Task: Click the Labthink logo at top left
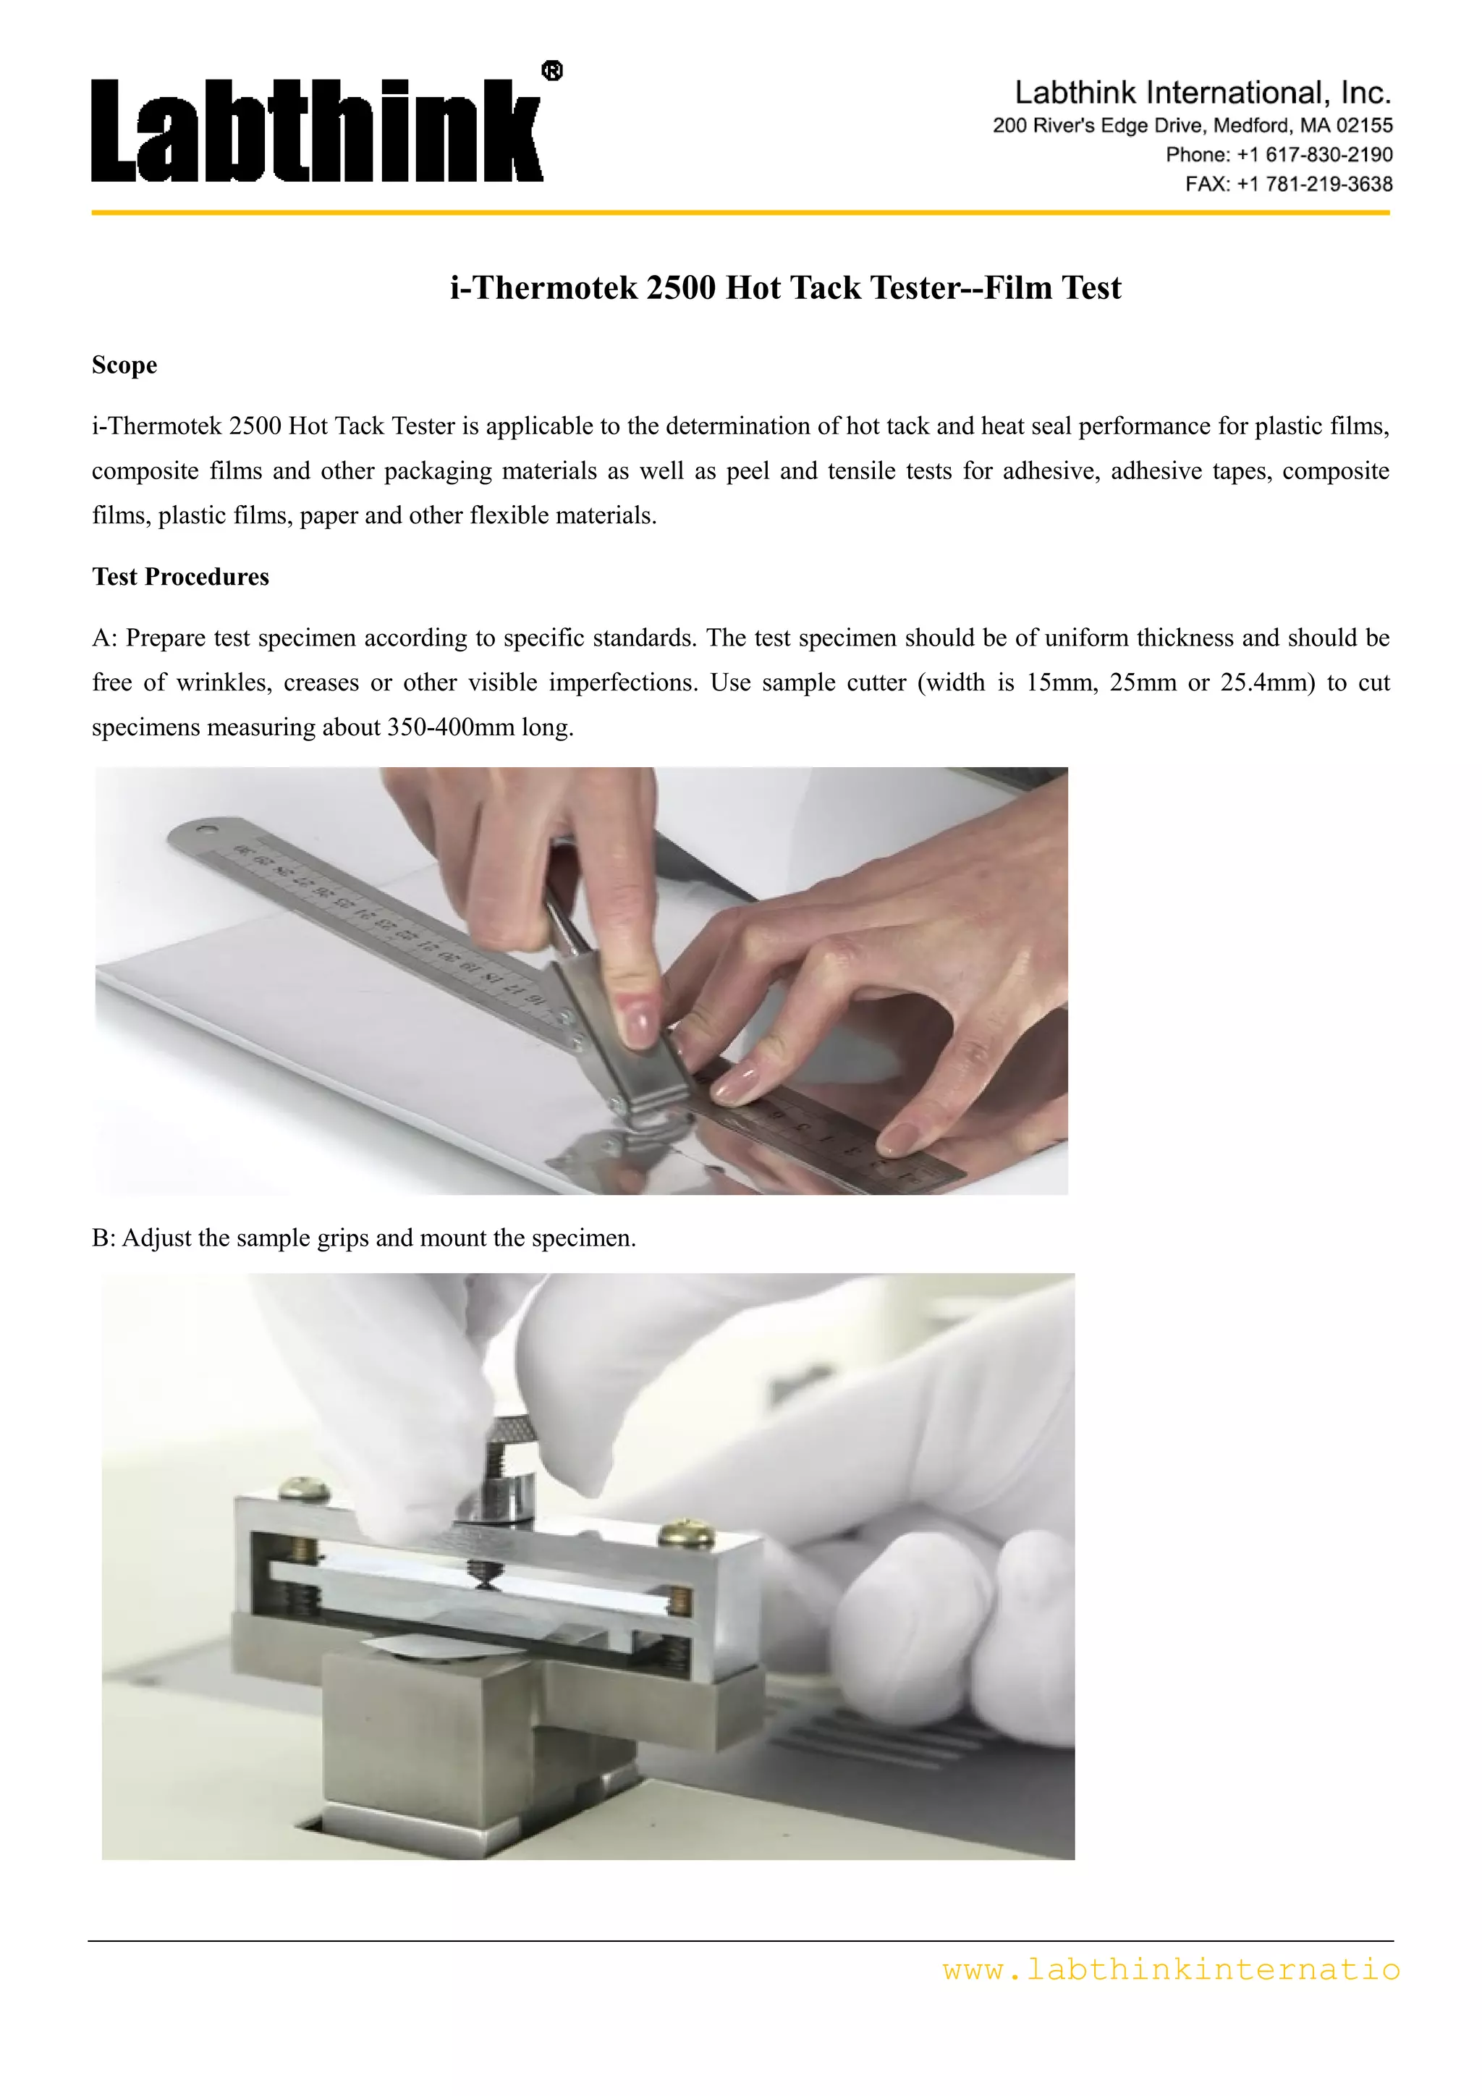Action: point(318,130)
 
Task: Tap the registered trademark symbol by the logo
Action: point(552,70)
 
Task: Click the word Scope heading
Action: point(124,365)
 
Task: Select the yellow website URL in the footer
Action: point(1171,1970)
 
